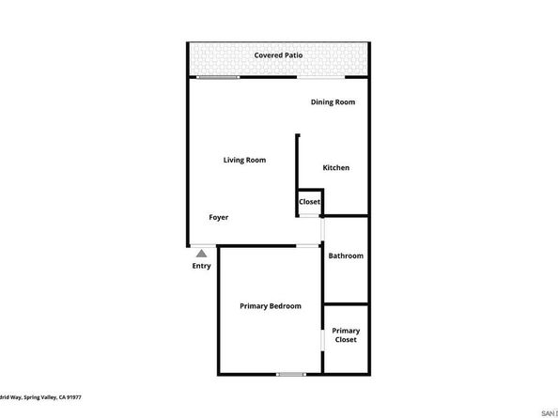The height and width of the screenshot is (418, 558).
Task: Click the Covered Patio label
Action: pyautogui.click(x=278, y=55)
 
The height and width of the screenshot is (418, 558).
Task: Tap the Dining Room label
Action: pyautogui.click(x=333, y=102)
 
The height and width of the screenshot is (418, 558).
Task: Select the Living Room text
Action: pyautogui.click(x=244, y=161)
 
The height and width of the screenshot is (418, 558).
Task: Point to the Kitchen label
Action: pyautogui.click(x=335, y=168)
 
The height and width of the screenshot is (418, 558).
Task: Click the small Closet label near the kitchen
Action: pyautogui.click(x=309, y=202)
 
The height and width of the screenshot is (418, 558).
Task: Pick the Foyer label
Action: pyautogui.click(x=219, y=218)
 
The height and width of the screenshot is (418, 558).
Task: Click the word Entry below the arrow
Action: pyautogui.click(x=201, y=266)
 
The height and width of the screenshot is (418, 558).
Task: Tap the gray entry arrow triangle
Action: pyautogui.click(x=200, y=252)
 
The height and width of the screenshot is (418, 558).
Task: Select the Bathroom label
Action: pyautogui.click(x=345, y=256)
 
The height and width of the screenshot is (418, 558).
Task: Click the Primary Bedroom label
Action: pyautogui.click(x=271, y=306)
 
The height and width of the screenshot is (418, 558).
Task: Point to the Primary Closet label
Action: pyautogui.click(x=346, y=335)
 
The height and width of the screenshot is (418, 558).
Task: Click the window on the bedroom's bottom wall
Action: pyautogui.click(x=291, y=374)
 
